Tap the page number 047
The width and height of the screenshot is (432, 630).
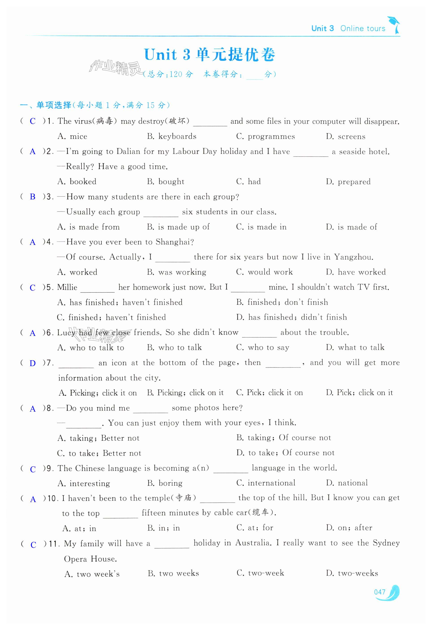(x=379, y=592)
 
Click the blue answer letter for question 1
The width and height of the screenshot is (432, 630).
(x=33, y=121)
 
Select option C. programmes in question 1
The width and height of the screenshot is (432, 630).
(x=265, y=136)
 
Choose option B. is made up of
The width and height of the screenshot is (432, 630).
(x=178, y=227)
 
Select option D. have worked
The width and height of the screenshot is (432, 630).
(x=356, y=272)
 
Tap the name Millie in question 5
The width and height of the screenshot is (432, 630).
(x=67, y=287)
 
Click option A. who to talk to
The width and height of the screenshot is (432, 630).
(x=91, y=347)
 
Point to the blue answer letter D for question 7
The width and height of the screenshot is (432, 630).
(x=32, y=363)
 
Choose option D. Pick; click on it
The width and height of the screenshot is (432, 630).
(x=359, y=393)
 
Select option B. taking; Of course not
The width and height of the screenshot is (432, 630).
(x=284, y=438)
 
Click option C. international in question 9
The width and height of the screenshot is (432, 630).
(x=266, y=483)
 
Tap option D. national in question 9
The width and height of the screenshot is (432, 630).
(x=347, y=483)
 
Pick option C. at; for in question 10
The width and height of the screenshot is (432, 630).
(x=255, y=528)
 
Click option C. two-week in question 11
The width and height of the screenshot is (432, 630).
(x=260, y=573)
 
